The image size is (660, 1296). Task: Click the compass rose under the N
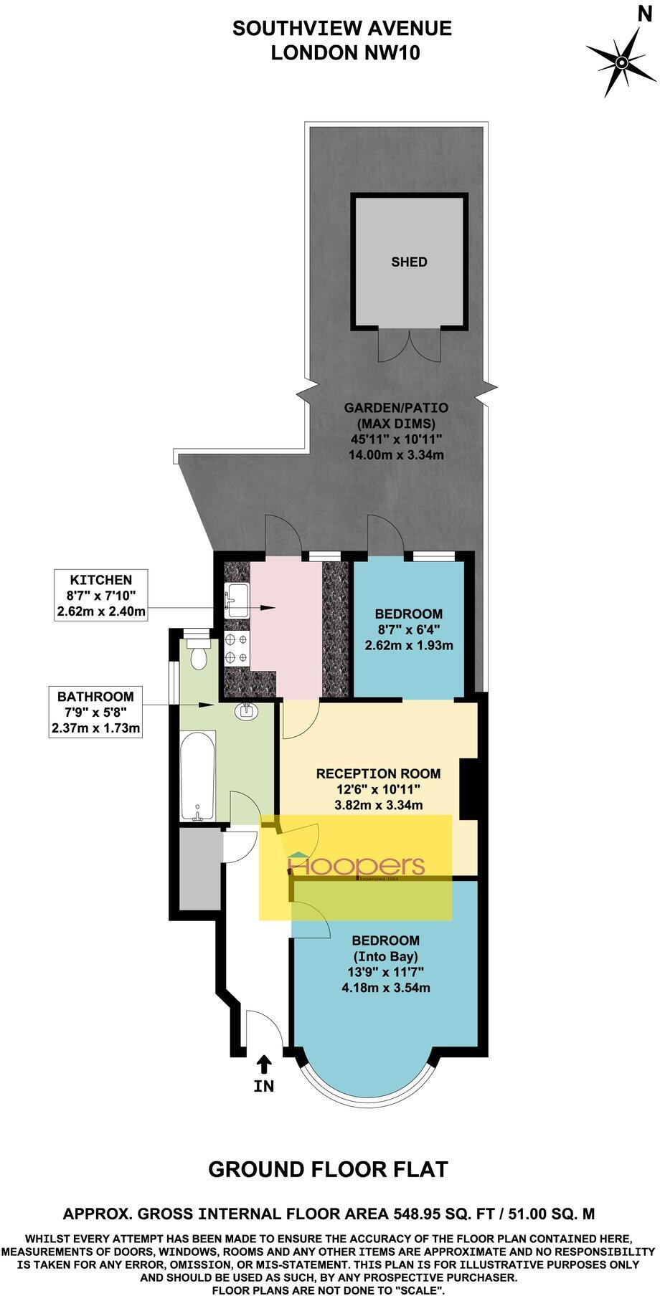621,63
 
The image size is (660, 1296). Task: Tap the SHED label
409,262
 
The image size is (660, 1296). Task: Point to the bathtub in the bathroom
197,777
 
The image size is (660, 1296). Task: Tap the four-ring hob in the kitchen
236,647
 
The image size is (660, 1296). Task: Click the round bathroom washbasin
247,712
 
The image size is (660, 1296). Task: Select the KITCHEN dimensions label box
101,596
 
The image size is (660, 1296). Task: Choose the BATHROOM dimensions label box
95,713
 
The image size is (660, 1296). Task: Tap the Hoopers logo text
356,866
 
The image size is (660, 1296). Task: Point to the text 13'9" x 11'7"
385,973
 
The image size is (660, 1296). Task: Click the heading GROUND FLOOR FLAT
328,1170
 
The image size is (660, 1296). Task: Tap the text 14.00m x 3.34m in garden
396,454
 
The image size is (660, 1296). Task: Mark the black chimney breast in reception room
468,788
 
